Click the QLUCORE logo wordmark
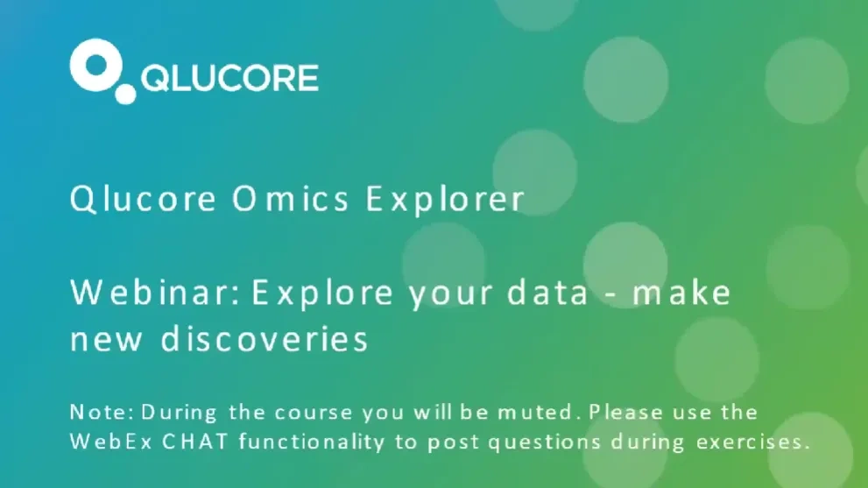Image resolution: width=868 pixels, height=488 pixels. tap(229, 77)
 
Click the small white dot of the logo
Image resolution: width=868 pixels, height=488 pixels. tap(127, 92)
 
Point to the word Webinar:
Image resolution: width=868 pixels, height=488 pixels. tap(154, 294)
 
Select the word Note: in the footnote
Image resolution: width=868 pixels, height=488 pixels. tap(101, 412)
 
